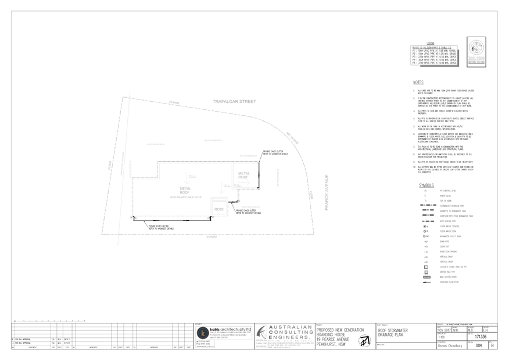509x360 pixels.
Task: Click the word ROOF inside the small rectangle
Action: tap(219, 208)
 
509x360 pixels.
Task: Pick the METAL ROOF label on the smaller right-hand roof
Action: tap(243, 174)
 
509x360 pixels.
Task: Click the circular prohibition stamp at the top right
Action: tap(476, 45)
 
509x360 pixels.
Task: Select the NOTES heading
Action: tap(418, 82)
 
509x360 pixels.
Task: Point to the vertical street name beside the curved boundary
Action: tap(327, 185)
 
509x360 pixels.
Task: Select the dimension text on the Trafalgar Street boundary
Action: tap(173, 103)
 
